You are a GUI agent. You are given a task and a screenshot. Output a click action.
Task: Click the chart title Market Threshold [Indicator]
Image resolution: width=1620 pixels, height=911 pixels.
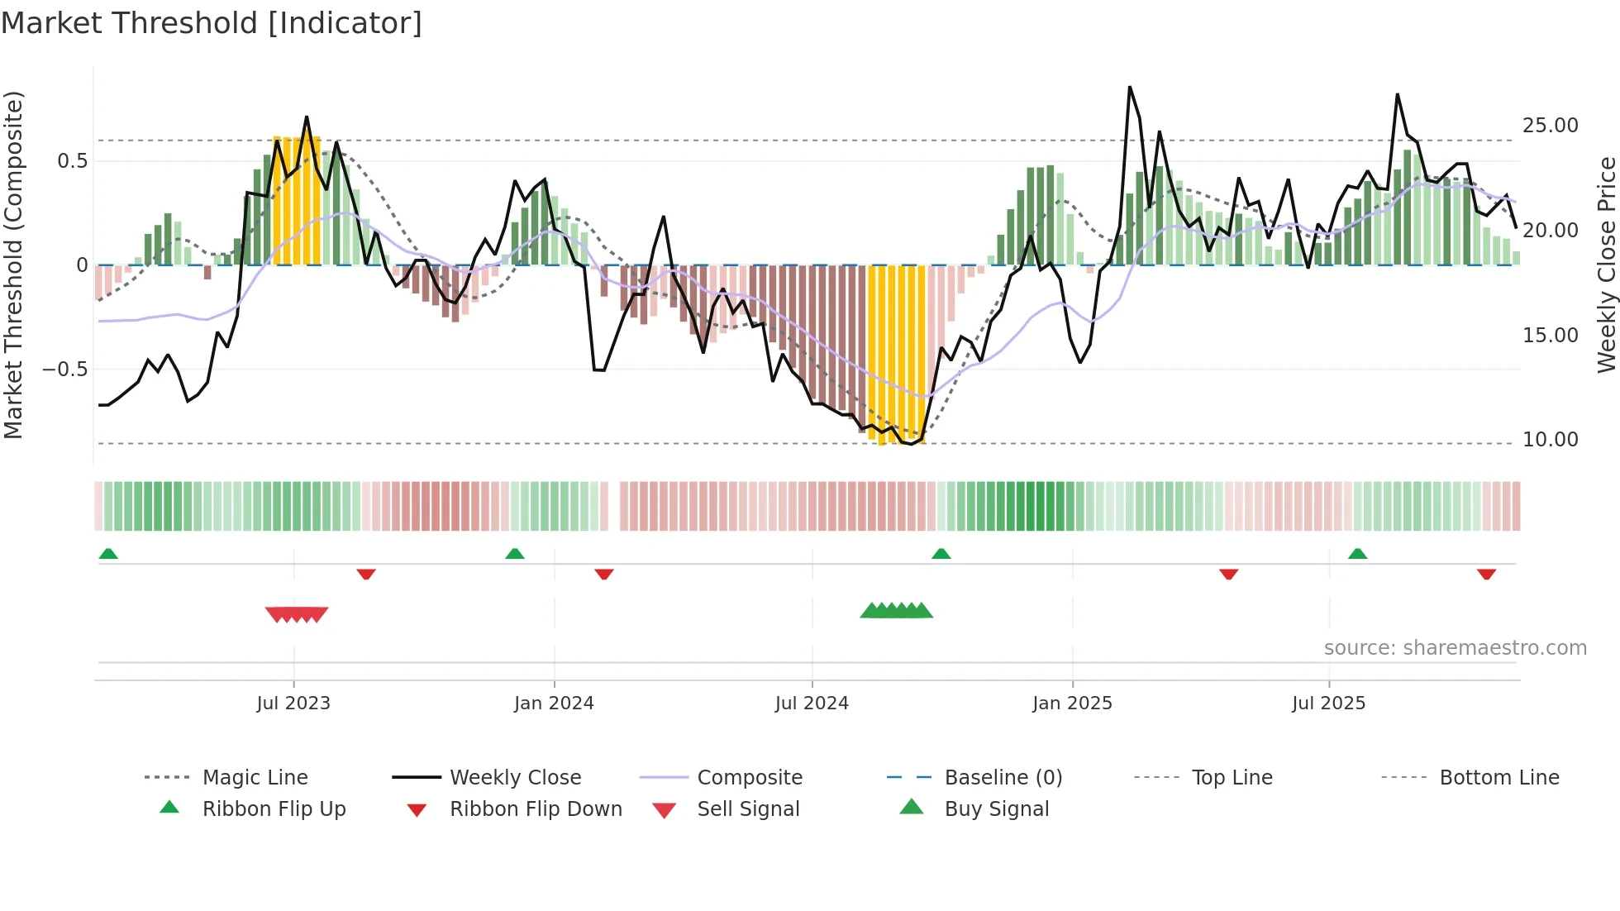(212, 23)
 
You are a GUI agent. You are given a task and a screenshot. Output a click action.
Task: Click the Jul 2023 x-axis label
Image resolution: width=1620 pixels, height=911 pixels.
(293, 704)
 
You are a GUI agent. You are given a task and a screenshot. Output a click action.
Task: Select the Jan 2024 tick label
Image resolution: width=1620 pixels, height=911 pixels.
(554, 704)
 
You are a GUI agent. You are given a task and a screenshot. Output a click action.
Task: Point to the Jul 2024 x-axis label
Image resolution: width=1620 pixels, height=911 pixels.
(812, 704)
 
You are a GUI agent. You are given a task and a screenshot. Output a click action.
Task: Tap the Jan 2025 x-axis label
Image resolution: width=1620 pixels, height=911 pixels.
(1072, 704)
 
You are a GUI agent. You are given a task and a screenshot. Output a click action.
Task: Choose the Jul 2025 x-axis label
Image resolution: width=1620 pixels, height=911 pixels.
(1328, 704)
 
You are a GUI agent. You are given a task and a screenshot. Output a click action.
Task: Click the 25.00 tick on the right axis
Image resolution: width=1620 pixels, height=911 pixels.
(1550, 126)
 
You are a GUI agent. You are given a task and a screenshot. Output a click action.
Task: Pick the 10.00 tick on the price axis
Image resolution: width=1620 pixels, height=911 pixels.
(1550, 440)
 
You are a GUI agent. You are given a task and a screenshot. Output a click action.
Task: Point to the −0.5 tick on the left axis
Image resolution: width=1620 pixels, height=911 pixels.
(64, 370)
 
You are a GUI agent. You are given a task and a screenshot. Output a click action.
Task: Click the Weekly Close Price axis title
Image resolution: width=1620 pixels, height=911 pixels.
(1606, 265)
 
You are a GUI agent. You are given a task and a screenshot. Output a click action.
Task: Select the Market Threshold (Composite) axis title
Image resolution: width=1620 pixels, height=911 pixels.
(13, 265)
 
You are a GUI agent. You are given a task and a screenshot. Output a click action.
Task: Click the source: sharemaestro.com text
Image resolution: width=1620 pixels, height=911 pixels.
(1455, 648)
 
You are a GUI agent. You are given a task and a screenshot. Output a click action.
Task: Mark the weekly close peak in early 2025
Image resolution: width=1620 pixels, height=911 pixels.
(1130, 87)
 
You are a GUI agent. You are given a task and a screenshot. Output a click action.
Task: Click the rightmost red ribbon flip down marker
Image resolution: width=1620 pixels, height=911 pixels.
(1486, 574)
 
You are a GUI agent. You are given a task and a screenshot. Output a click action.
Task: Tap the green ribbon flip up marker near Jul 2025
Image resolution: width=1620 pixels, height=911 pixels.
(1357, 554)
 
